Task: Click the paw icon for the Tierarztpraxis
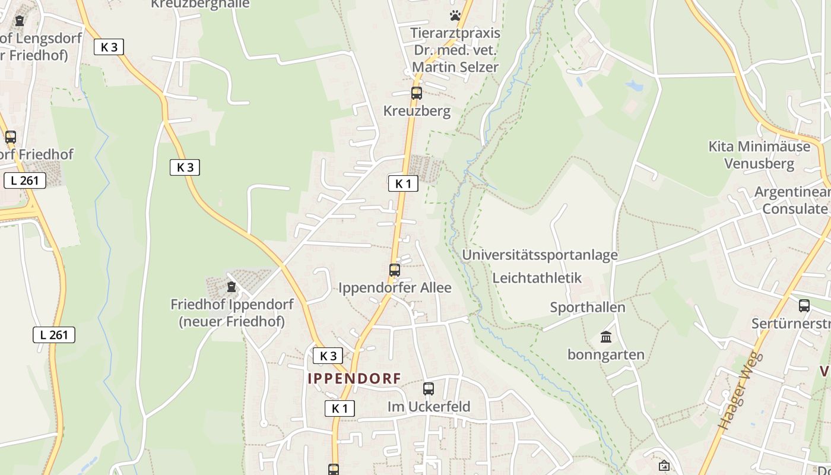[x=455, y=15]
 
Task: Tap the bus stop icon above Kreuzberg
[x=417, y=93]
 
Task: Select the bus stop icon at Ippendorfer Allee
[x=395, y=270]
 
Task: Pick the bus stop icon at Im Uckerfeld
[x=429, y=389]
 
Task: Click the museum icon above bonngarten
[x=606, y=337]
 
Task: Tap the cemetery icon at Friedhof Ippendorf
[x=231, y=287]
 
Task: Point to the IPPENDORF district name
[x=354, y=378]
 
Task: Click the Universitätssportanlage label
[x=540, y=255]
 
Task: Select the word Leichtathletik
[x=537, y=278]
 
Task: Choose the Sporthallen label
[x=587, y=308]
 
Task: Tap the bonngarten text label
[x=606, y=355]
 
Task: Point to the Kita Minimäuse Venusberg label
[x=759, y=155]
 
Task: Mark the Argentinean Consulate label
[x=794, y=200]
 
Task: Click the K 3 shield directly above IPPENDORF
[x=328, y=356]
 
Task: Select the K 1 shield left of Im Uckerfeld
[x=340, y=408]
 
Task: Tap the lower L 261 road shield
[x=53, y=335]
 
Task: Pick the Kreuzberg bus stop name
[x=417, y=111]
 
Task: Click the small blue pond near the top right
[x=634, y=85]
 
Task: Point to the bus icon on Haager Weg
[x=804, y=306]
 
